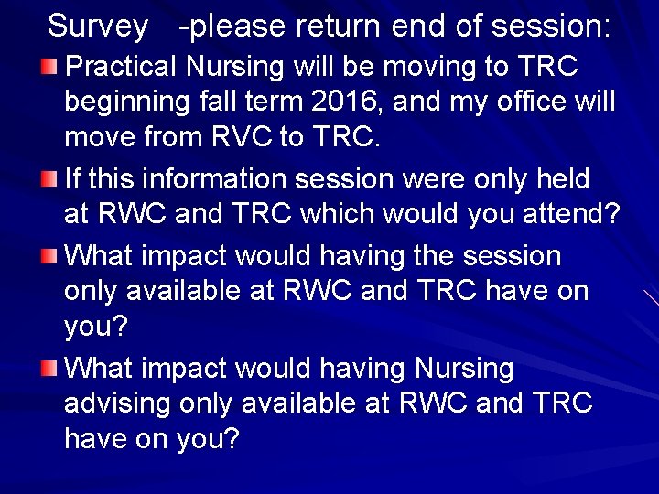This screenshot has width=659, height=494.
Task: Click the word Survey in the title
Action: [97, 27]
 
